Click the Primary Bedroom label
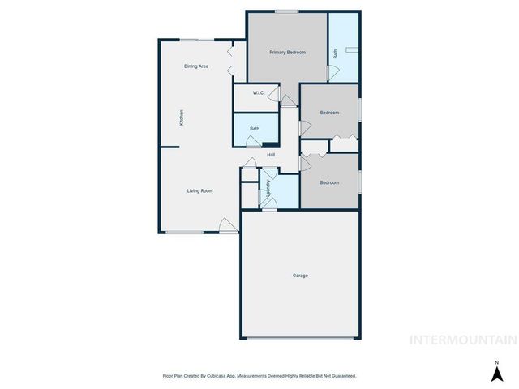tap(288, 52)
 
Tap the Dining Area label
tap(196, 66)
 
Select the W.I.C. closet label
tap(258, 93)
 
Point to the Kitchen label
tap(182, 118)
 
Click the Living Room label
tap(199, 191)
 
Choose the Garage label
tap(300, 276)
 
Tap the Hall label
tap(271, 155)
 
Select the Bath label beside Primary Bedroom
tap(336, 54)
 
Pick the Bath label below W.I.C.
tap(255, 129)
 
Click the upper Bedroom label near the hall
tap(328, 113)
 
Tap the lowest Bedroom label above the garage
tap(328, 182)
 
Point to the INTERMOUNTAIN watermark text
tap(463, 340)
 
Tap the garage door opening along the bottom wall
tap(301, 338)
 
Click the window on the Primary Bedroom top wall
tap(285, 11)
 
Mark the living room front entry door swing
tap(228, 224)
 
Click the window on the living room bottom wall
tap(184, 233)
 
